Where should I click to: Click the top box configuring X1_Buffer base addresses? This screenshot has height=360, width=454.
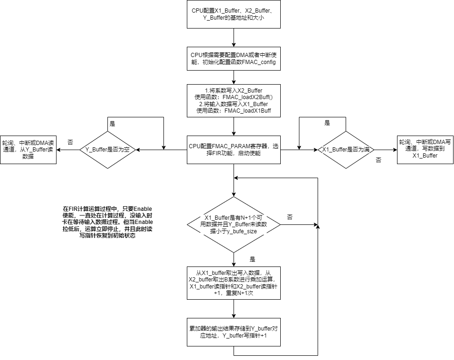click(x=234, y=14)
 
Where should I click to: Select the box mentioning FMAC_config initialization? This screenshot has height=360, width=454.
click(x=234, y=58)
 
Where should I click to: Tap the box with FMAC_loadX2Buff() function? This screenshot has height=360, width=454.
click(x=234, y=101)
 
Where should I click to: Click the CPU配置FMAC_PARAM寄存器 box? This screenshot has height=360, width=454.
click(x=234, y=150)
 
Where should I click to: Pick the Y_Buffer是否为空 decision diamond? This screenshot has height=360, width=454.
click(x=107, y=150)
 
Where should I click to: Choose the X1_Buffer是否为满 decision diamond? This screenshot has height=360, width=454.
click(x=346, y=150)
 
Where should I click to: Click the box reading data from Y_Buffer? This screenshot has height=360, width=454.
click(x=28, y=150)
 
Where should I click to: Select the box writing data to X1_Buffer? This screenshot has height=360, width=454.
click(x=425, y=150)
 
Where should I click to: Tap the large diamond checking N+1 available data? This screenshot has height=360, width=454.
click(x=234, y=224)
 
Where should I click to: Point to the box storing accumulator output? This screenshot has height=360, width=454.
click(x=234, y=332)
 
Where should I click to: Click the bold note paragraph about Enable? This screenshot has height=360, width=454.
click(x=108, y=222)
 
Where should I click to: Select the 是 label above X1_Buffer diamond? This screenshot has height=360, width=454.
click(x=327, y=123)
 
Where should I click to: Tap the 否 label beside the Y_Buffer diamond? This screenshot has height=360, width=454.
click(x=70, y=141)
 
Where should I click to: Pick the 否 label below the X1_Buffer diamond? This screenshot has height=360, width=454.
click(x=378, y=159)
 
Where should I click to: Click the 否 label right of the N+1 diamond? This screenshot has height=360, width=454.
click(x=290, y=217)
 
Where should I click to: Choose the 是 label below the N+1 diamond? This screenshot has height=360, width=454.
click(x=252, y=259)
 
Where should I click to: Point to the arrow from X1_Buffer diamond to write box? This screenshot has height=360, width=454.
click(x=385, y=150)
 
